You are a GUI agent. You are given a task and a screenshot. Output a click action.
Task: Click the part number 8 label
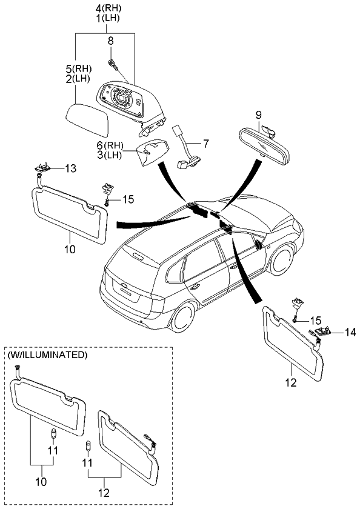pyautogui.click(x=110, y=41)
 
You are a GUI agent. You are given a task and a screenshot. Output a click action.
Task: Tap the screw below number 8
pyautogui.click(x=113, y=64)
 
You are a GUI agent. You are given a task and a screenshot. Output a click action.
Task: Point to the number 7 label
pyautogui.click(x=205, y=144)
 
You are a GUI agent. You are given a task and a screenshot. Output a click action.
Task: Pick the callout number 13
pyautogui.click(x=71, y=168)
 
